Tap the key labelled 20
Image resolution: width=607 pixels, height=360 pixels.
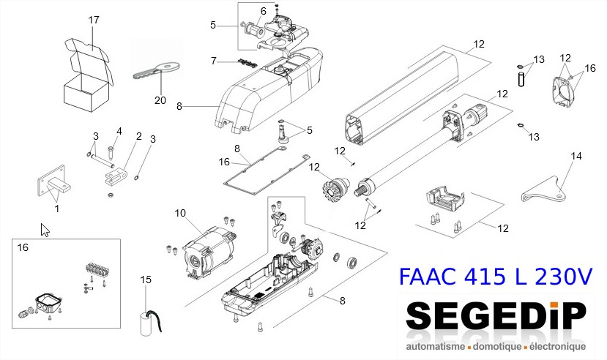[x=157, y=70]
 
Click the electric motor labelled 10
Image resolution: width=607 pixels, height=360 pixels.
[x=209, y=252]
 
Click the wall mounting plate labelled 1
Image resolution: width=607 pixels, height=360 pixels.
[x=52, y=181]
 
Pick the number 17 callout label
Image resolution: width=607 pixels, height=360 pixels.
[x=94, y=20]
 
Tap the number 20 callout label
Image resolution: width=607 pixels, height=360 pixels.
[x=160, y=100]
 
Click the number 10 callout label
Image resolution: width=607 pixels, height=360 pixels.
[x=180, y=213]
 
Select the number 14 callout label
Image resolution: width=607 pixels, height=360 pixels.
[x=576, y=156]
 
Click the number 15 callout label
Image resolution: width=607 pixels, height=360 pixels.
[x=146, y=280]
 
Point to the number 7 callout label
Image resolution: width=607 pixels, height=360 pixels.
[x=214, y=61]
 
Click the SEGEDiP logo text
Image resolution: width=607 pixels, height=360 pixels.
[x=496, y=317]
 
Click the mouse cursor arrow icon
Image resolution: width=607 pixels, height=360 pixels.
[x=45, y=230]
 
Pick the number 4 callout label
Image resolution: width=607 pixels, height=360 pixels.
[x=119, y=132]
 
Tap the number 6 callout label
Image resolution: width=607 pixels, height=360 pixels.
[x=264, y=11]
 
